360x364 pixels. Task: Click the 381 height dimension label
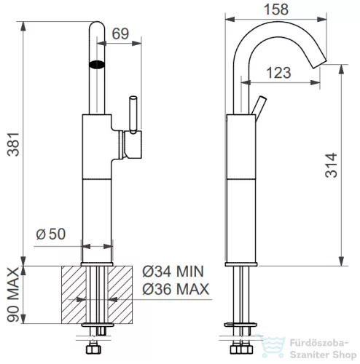pos(13,144)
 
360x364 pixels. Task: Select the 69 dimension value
pos(120,33)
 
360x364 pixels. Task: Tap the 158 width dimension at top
pos(276,9)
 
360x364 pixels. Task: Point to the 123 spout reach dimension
pos(278,73)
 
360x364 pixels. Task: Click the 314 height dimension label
pos(331,165)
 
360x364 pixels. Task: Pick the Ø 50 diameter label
pos(51,234)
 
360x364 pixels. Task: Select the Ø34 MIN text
pos(173,272)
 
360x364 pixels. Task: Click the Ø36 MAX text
pos(176,289)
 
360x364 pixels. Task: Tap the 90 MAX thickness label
pos(13,295)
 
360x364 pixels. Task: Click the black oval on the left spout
pos(97,64)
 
